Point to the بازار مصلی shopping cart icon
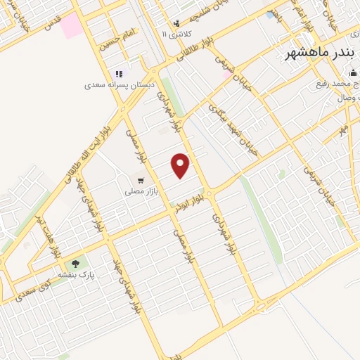click(x=144, y=180)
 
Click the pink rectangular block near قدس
click(x=71, y=26)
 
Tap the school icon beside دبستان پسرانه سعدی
click(x=119, y=74)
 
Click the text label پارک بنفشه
click(x=77, y=274)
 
